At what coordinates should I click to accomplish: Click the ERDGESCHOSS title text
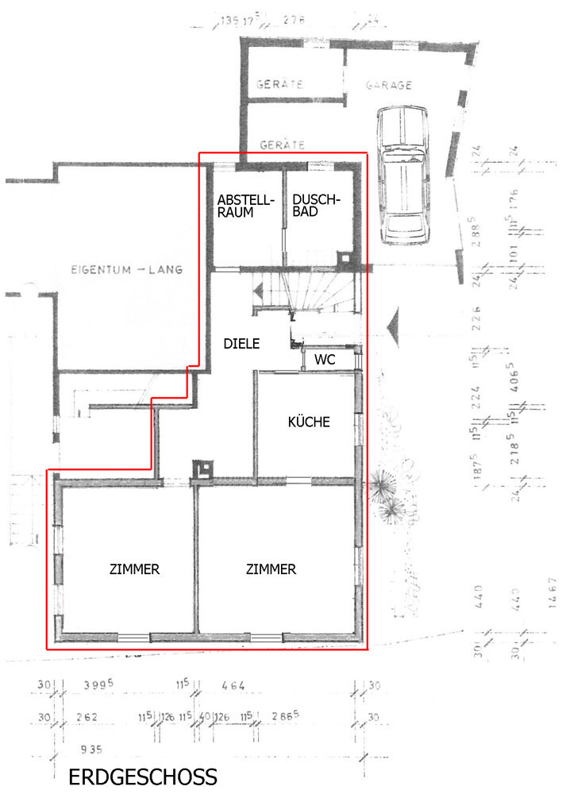pyautogui.click(x=143, y=777)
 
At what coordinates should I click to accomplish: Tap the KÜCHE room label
pyautogui.click(x=308, y=422)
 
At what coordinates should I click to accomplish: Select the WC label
pyautogui.click(x=324, y=360)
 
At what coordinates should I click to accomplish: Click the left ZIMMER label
pyautogui.click(x=135, y=569)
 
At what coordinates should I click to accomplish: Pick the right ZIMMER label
pyautogui.click(x=271, y=569)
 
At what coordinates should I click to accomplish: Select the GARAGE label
pyautogui.click(x=388, y=85)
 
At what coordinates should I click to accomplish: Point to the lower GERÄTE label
pyautogui.click(x=283, y=145)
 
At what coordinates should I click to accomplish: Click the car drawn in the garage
pyautogui.click(x=405, y=175)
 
